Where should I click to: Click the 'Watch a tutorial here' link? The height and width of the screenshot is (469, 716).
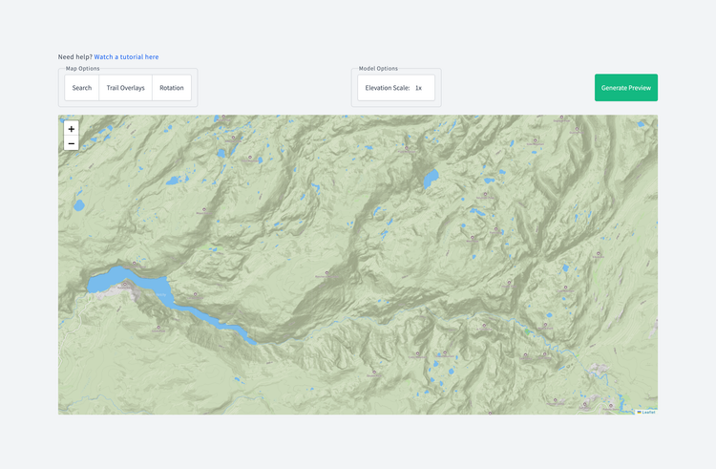point(126,57)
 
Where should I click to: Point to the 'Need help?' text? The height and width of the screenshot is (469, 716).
point(74,57)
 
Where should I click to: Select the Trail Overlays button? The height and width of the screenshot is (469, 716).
point(125,88)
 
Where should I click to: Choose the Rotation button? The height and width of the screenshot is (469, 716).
point(172,88)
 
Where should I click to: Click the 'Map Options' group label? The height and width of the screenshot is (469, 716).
point(83,69)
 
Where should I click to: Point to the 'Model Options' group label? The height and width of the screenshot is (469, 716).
point(378,69)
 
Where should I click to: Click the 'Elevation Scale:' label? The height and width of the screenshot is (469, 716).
point(387,88)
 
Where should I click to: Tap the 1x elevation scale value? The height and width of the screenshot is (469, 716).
point(418,88)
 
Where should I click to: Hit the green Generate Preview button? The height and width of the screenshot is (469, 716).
point(625,88)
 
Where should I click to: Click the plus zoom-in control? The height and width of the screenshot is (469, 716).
point(72,129)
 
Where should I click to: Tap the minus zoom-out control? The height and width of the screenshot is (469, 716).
point(72,143)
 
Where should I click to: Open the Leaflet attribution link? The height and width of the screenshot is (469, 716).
point(648,412)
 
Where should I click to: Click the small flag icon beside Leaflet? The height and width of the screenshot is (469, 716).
point(640,412)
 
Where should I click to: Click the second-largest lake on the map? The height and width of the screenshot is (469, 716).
point(431,178)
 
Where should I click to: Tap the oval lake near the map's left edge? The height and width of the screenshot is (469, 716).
point(79,204)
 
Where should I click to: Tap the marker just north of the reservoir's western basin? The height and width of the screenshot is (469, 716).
point(135,264)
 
